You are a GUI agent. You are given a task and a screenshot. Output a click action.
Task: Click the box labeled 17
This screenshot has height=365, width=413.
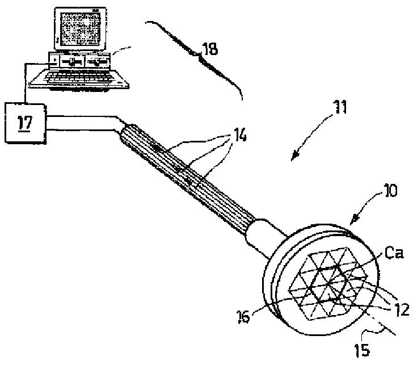pyautogui.click(x=24, y=121)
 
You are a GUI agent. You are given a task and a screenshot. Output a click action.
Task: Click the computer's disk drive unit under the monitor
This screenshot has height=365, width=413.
pyautogui.click(x=79, y=59)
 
